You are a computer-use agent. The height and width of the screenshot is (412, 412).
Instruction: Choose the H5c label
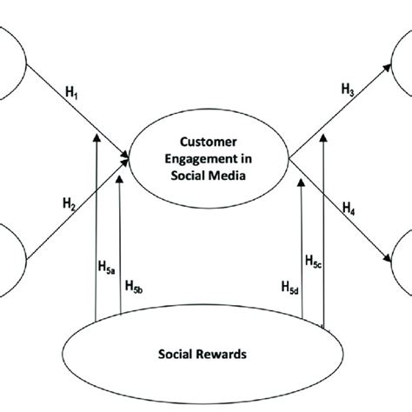click(314, 260)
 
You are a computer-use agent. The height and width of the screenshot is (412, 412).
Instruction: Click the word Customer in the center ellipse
click(211, 139)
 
